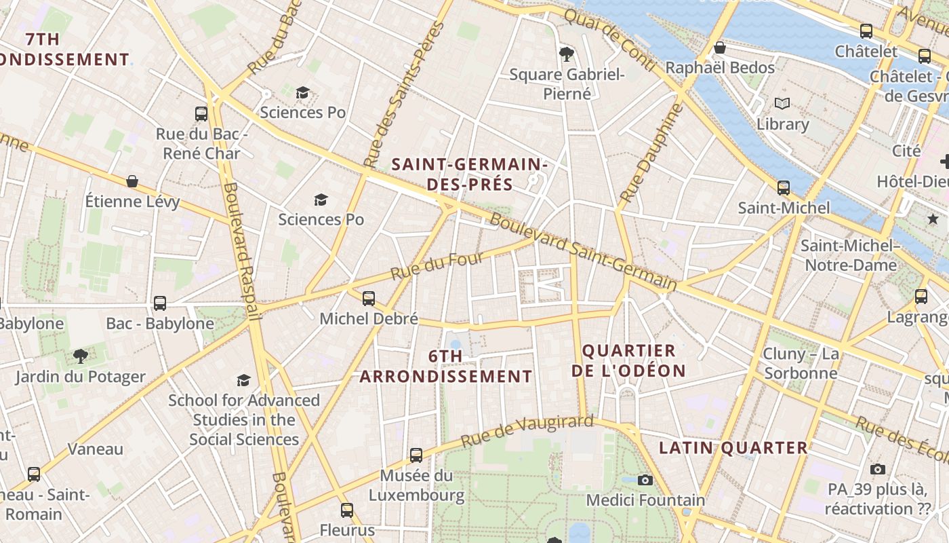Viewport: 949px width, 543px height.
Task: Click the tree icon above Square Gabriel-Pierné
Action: tap(566, 54)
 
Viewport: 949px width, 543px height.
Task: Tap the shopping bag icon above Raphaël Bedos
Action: tap(720, 48)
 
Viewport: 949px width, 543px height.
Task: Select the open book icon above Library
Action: tap(782, 104)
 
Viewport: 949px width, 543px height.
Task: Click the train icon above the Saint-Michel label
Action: tap(784, 187)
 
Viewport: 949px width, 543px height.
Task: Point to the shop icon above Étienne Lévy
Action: tap(132, 181)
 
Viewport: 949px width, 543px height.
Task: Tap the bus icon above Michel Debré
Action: tap(368, 298)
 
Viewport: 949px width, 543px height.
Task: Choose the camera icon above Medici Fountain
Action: tap(645, 480)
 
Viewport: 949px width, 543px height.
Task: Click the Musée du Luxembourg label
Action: tap(416, 485)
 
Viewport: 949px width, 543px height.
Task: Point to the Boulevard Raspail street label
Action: tap(242, 251)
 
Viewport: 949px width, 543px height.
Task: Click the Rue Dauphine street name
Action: tap(649, 153)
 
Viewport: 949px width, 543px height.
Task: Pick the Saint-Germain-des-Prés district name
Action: tap(469, 174)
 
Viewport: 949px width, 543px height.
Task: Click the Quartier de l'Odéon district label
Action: tap(628, 360)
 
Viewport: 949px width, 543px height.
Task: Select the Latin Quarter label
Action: tap(733, 448)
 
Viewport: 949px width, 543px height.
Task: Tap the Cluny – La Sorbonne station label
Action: tap(801, 363)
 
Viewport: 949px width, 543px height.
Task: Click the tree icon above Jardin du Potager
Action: tap(80, 356)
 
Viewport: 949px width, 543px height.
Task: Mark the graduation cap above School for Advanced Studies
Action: tap(243, 380)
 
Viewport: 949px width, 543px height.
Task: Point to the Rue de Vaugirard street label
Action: tap(527, 431)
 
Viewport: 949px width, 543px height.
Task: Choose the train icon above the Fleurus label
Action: tap(347, 510)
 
